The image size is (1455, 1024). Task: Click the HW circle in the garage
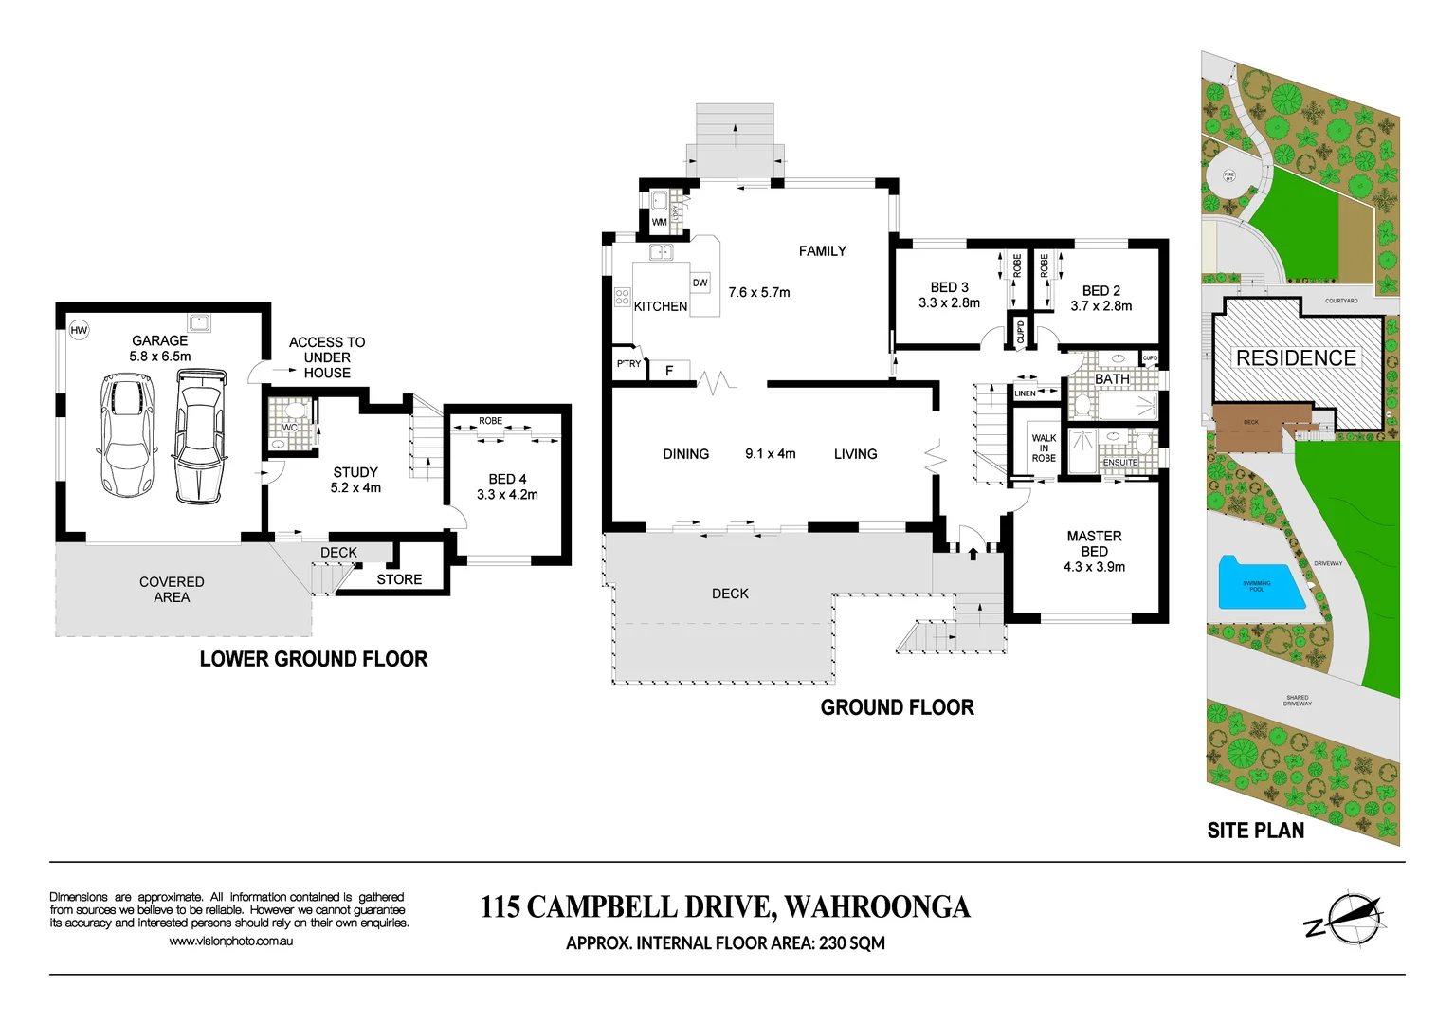point(79,330)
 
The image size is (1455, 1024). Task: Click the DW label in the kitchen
point(700,283)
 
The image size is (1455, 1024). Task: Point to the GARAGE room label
point(159,340)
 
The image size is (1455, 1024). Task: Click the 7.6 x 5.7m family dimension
point(758,292)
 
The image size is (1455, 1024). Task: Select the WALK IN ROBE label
point(1044,448)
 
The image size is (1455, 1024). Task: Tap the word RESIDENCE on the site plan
point(1296,358)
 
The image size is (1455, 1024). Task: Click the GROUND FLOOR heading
point(897,707)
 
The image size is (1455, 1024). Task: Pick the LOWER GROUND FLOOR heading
point(313,659)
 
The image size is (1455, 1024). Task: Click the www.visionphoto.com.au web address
point(230,941)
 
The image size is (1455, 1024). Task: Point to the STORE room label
point(399,579)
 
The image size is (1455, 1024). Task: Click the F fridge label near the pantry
point(669,371)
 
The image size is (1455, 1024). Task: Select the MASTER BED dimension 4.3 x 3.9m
point(1094,567)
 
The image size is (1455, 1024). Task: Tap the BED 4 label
point(507,479)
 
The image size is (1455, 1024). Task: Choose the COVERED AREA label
point(172,590)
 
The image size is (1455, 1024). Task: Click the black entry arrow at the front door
point(973,553)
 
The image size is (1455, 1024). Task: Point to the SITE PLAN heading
point(1255,831)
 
